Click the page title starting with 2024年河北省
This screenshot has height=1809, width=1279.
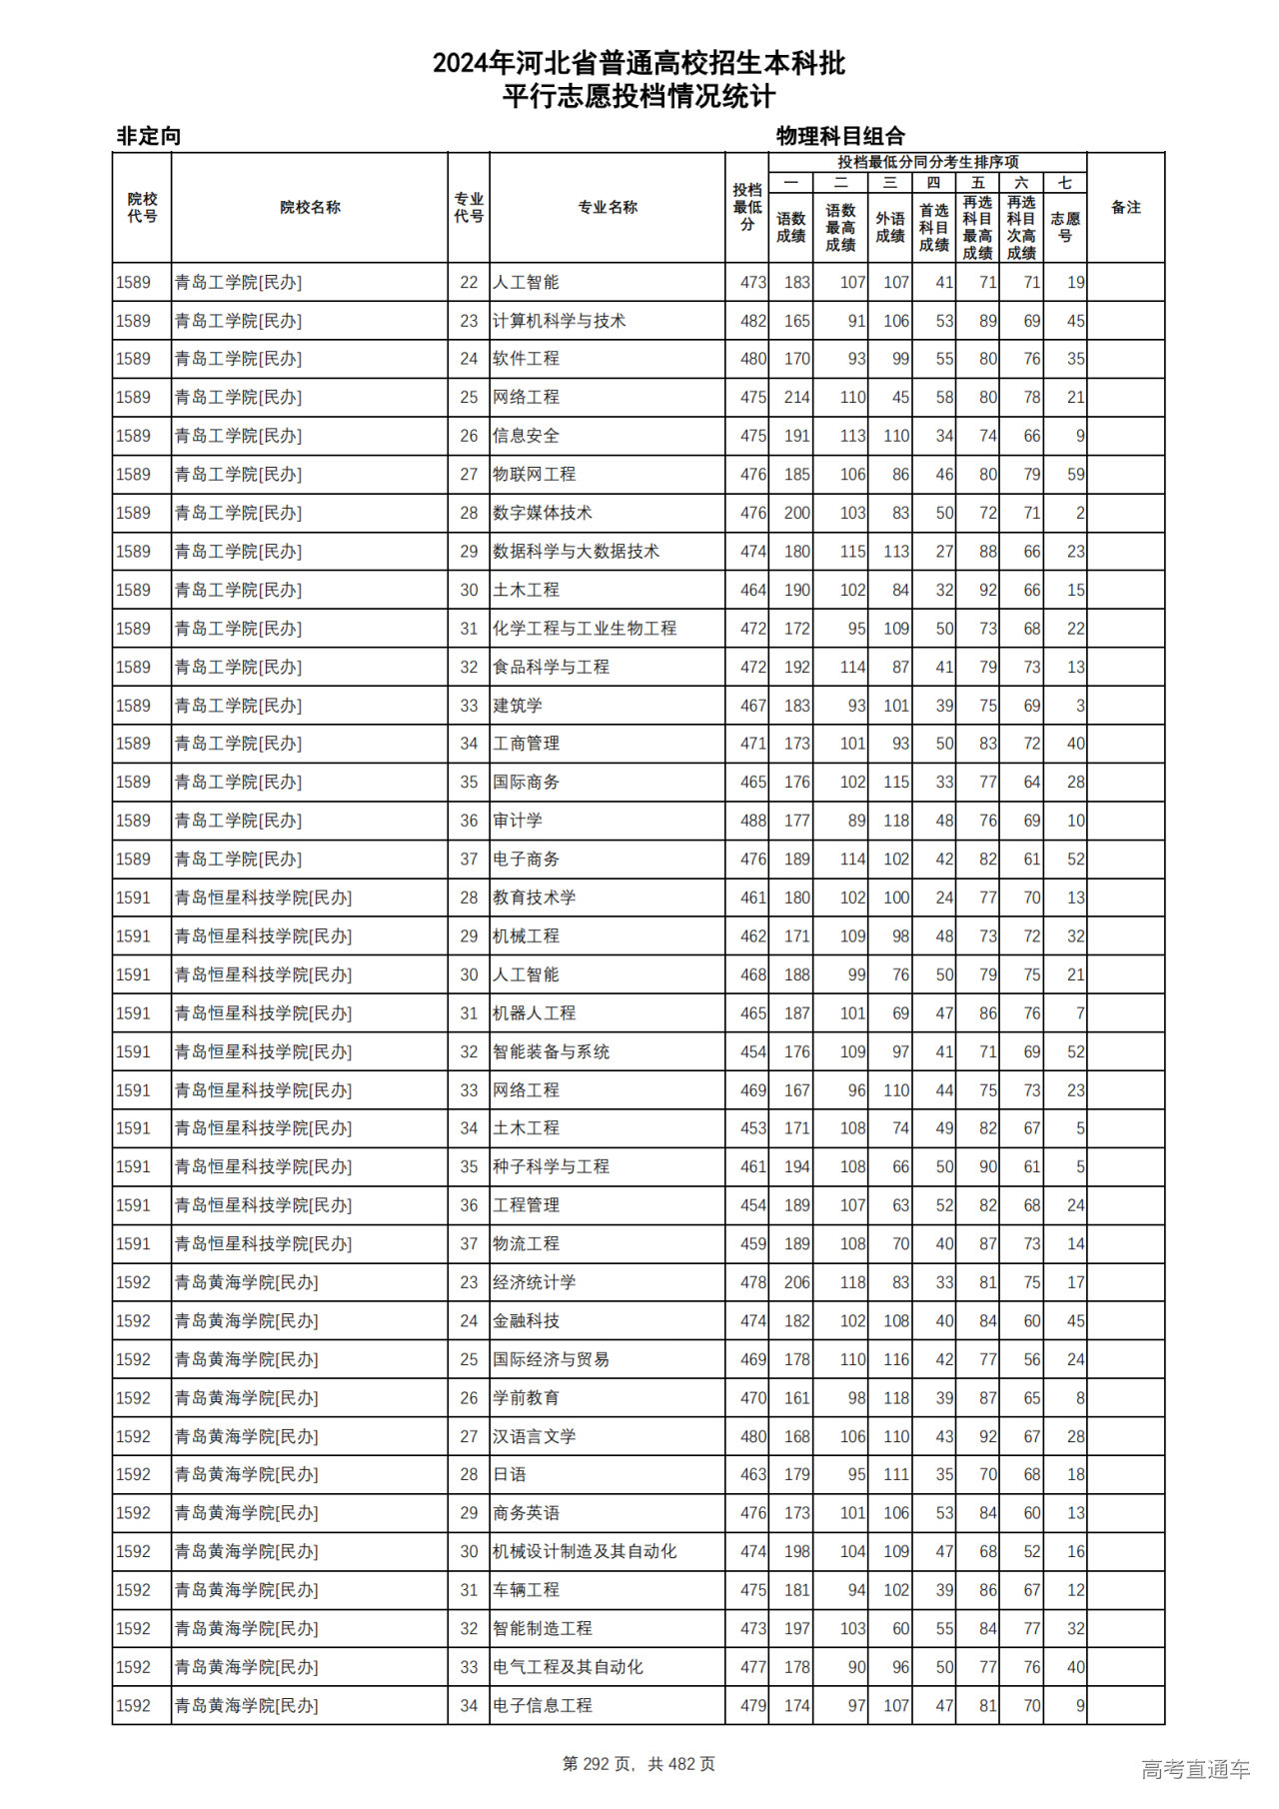point(639,64)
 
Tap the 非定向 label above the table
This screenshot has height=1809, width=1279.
point(149,136)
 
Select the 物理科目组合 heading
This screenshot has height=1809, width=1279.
point(840,136)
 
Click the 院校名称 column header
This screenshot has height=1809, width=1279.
point(310,208)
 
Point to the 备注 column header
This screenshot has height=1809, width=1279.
point(1125,208)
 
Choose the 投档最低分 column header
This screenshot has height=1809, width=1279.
point(746,208)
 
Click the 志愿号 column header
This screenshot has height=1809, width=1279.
point(1065,227)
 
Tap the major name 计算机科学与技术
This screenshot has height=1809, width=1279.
point(559,321)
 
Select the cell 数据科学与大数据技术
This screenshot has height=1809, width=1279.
point(576,552)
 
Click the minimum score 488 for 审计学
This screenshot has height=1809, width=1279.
point(753,821)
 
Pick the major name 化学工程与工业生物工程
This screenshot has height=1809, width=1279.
point(585,629)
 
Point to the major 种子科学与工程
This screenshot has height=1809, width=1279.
point(551,1166)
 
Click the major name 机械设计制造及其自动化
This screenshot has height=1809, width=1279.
point(585,1551)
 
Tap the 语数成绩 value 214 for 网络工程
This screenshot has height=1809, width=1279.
point(796,398)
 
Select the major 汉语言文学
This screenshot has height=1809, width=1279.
point(534,1436)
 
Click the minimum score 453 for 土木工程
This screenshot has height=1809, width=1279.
point(753,1128)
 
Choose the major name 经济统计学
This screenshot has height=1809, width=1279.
point(534,1282)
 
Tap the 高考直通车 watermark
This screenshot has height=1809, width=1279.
point(1195,1769)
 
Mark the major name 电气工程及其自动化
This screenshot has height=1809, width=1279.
point(568,1667)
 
